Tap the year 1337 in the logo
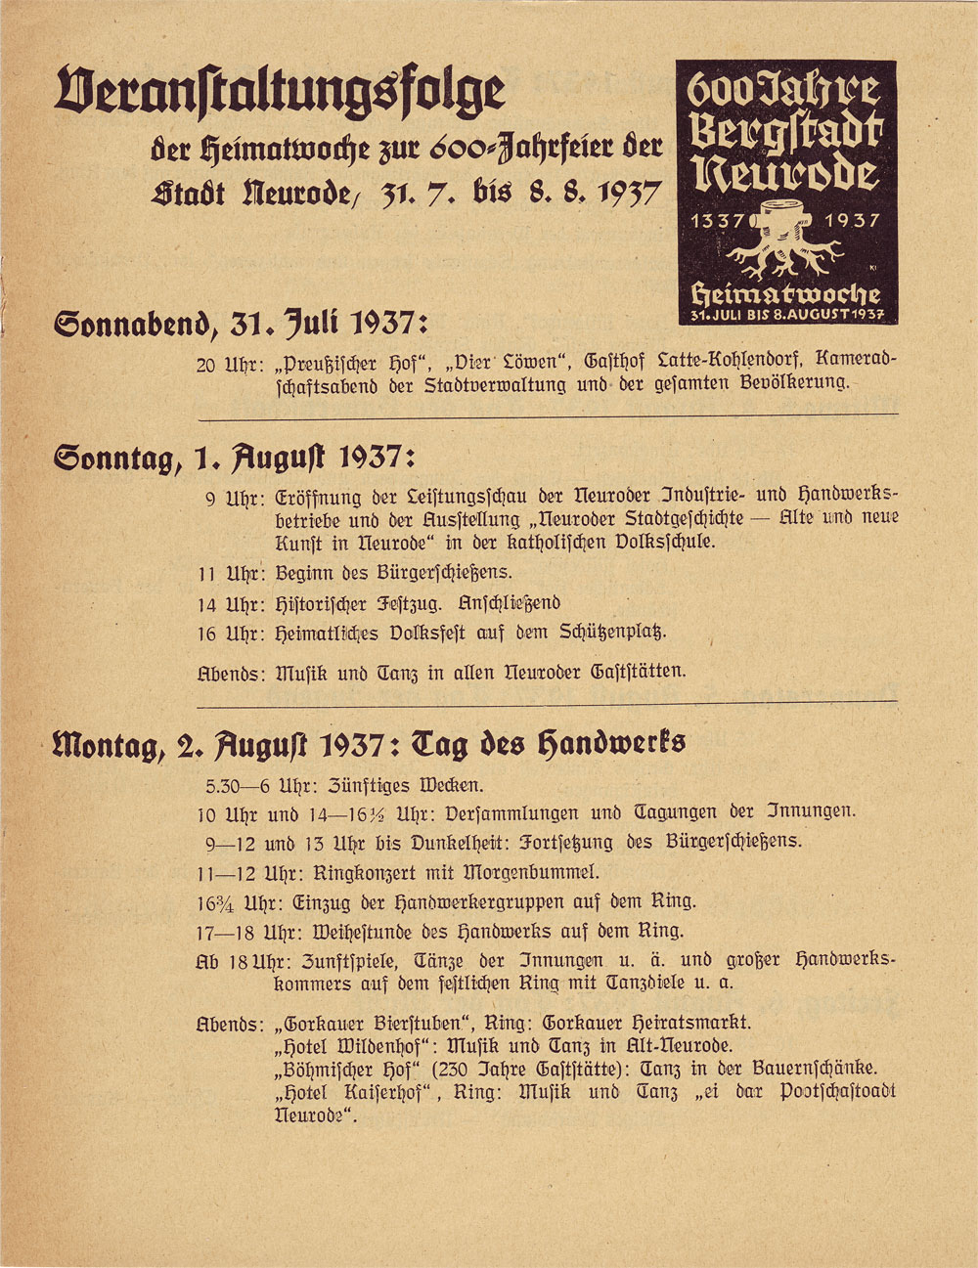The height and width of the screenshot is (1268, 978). pos(718,221)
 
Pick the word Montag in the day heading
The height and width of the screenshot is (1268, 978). pos(108,746)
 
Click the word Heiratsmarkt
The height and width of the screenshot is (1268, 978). pos(689,1023)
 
